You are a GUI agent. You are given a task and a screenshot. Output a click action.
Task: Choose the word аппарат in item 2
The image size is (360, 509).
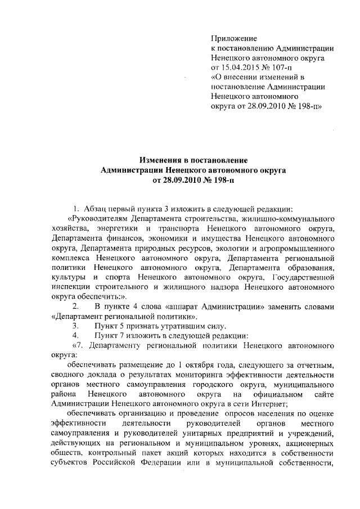[x=184, y=306]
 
